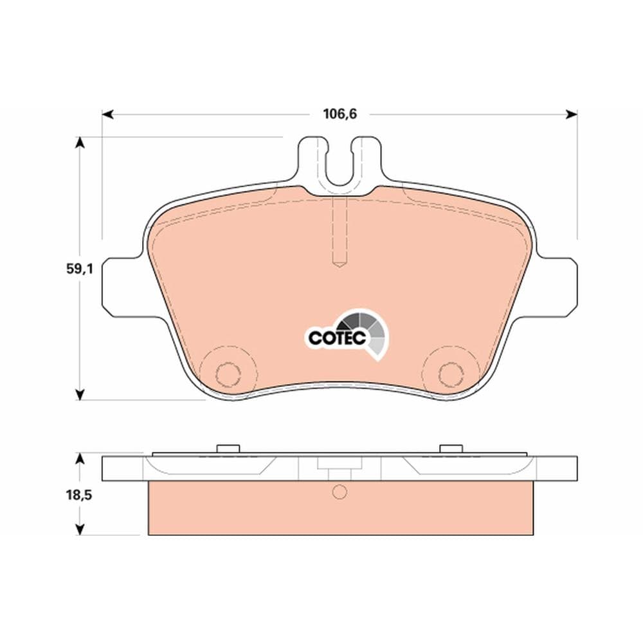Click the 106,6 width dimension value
(x=340, y=114)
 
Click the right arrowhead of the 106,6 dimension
(x=572, y=114)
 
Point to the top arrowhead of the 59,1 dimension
(x=80, y=142)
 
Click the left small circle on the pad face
(x=227, y=373)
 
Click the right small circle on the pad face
(x=451, y=373)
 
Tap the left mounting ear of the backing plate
(x=120, y=286)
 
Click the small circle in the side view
(x=340, y=493)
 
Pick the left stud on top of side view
(x=227, y=448)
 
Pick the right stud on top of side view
(x=451, y=448)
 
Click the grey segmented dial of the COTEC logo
(x=369, y=328)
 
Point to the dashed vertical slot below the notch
(x=340, y=231)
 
